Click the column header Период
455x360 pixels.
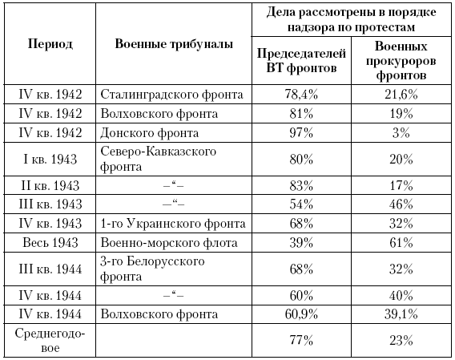tap(50, 44)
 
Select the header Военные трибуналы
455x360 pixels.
tap(174, 44)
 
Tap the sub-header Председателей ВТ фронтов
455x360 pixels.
tap(301, 60)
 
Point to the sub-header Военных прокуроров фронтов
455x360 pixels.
tap(401, 60)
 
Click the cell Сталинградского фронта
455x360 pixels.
tap(171, 95)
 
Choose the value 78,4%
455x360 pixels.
tap(301, 95)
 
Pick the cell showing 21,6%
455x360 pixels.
tap(401, 95)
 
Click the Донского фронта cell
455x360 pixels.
tap(150, 133)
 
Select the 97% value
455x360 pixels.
tap(301, 133)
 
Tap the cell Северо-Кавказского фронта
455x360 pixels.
tap(158, 159)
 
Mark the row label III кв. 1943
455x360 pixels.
tap(50, 204)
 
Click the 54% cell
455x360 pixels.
tap(301, 204)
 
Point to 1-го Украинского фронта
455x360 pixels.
tap(173, 224)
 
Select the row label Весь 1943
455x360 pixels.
tap(50, 243)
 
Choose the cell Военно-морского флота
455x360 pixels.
tap(169, 243)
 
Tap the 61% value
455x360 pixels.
tap(401, 243)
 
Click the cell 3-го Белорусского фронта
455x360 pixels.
tap(152, 269)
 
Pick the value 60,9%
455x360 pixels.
tap(301, 314)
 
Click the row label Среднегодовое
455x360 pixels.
tap(50, 340)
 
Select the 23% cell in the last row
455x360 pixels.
tap(401, 340)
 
